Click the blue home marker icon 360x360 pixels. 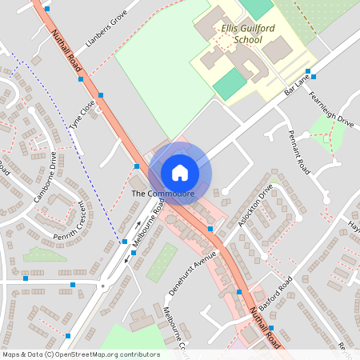(180, 173)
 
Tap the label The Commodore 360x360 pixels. (163, 194)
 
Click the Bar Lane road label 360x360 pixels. (296, 83)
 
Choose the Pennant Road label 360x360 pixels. (298, 153)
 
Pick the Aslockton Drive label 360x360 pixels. (255, 204)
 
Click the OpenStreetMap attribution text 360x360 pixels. (81, 354)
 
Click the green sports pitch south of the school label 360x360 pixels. (229, 83)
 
